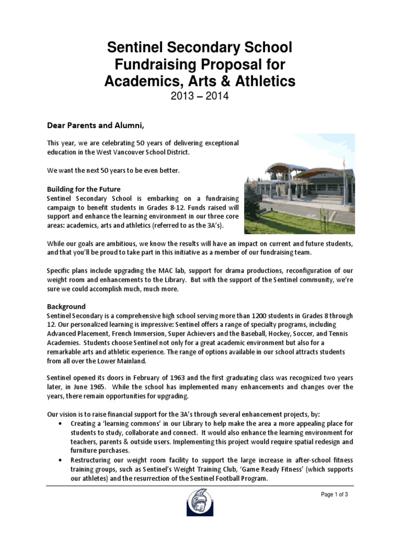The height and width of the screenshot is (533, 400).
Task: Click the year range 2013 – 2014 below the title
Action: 199,97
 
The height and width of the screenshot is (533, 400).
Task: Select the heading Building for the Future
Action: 84,189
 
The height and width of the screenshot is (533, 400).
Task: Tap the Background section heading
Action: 66,307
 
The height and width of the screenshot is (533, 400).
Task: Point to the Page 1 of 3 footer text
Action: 334,494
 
